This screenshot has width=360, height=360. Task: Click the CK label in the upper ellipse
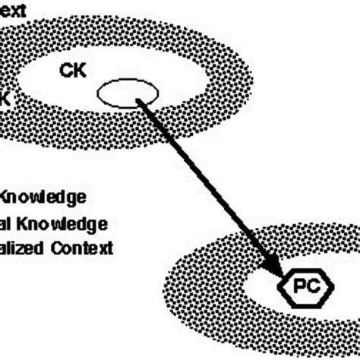(x=74, y=71)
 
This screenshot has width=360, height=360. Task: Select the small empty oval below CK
(x=128, y=95)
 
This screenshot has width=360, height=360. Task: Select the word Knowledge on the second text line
(x=62, y=223)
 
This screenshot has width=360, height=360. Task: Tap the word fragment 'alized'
(x=23, y=248)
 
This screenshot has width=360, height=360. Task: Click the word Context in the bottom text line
(x=84, y=248)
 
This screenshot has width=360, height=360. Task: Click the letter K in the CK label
(x=80, y=71)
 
